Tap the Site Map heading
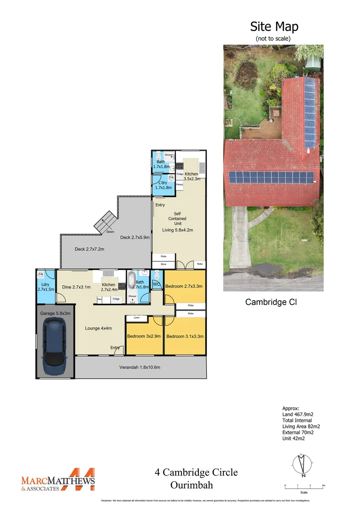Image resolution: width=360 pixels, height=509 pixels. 274,26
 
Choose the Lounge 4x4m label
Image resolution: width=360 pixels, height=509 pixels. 98,328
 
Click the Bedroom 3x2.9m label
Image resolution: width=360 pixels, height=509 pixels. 144,336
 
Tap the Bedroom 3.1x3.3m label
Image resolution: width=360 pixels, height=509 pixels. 185,336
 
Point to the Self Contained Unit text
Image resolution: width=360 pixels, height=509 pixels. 177,219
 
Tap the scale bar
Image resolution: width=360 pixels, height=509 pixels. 304,485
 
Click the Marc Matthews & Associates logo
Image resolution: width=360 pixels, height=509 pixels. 58,480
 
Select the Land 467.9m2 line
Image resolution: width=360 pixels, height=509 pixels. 298,414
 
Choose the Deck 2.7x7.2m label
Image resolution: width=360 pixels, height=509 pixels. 90,249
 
